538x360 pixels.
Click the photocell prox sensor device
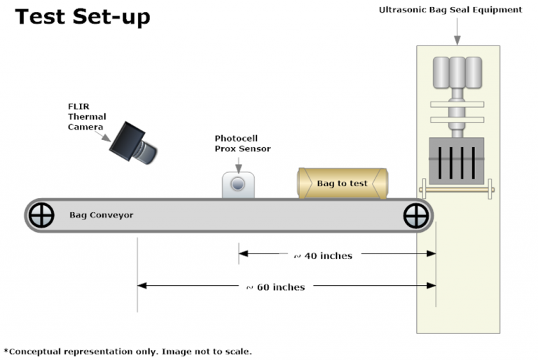pyautogui.click(x=238, y=185)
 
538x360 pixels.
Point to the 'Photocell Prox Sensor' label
pyautogui.click(x=242, y=144)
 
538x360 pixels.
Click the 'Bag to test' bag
pyautogui.click(x=342, y=184)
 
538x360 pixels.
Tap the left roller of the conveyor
pyautogui.click(x=41, y=215)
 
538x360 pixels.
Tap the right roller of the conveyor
pyautogui.click(x=416, y=215)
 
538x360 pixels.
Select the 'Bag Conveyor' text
pyautogui.click(x=101, y=215)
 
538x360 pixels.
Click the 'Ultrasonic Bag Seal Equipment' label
pyautogui.click(x=450, y=10)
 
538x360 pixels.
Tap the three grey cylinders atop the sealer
pyautogui.click(x=457, y=72)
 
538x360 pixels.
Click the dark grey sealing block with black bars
pyautogui.click(x=457, y=161)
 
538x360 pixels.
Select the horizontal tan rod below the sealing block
pyautogui.click(x=457, y=188)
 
